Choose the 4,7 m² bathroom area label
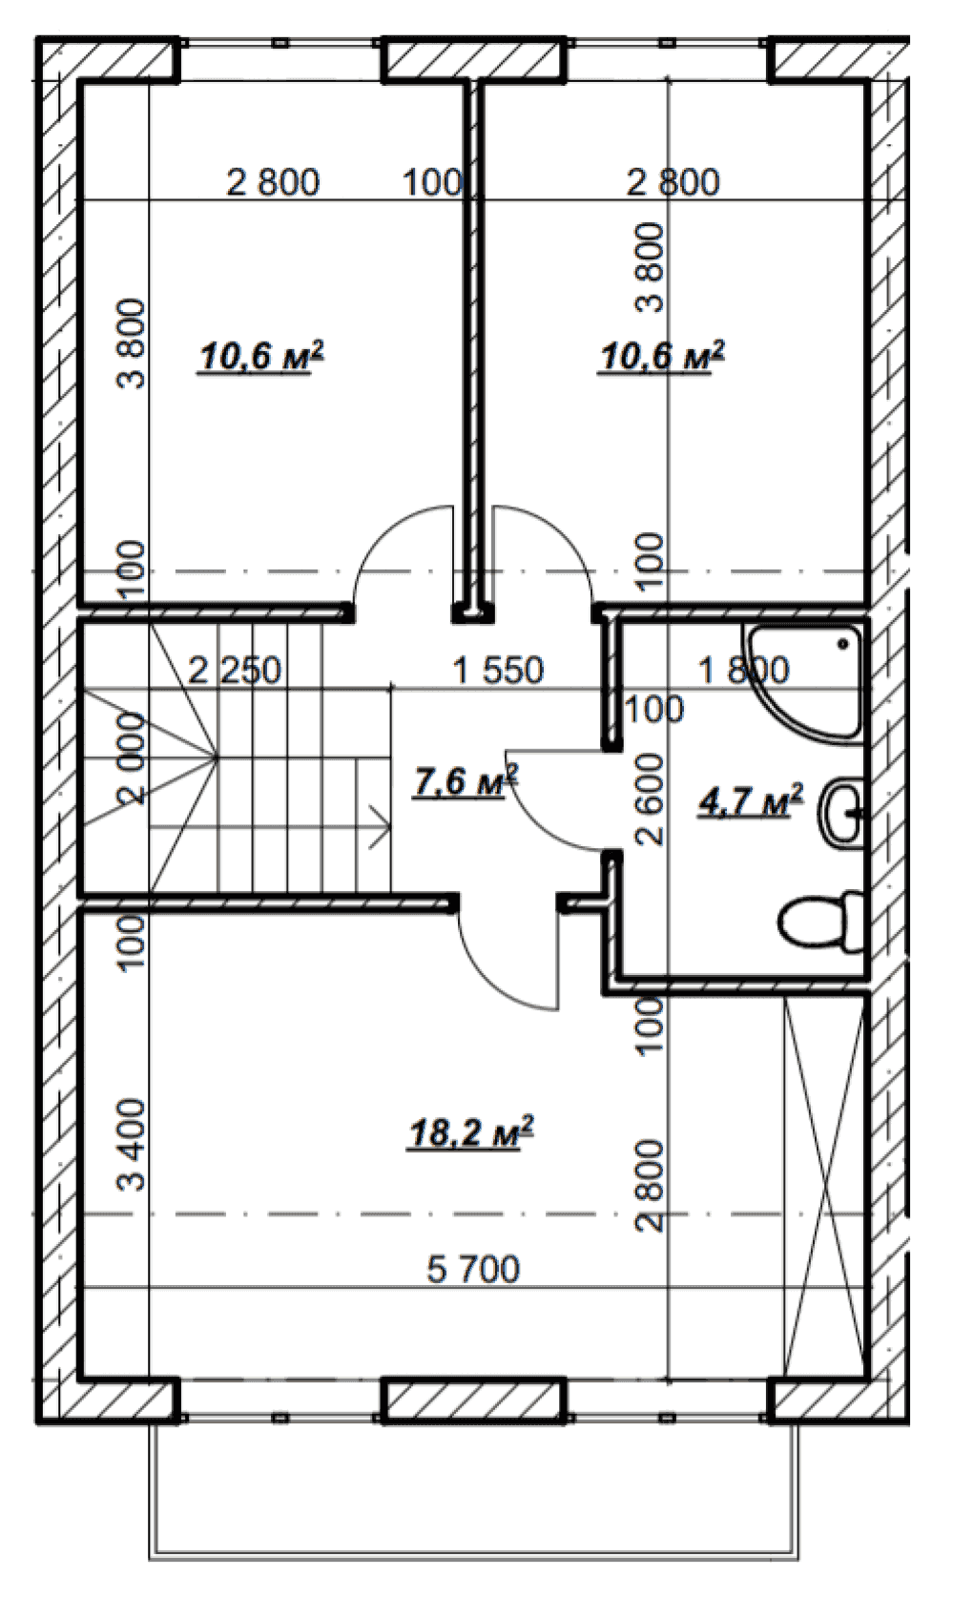[751, 800]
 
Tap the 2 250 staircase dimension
[236, 670]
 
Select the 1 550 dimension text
[498, 670]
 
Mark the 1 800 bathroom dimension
[744, 670]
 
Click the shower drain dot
[844, 643]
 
